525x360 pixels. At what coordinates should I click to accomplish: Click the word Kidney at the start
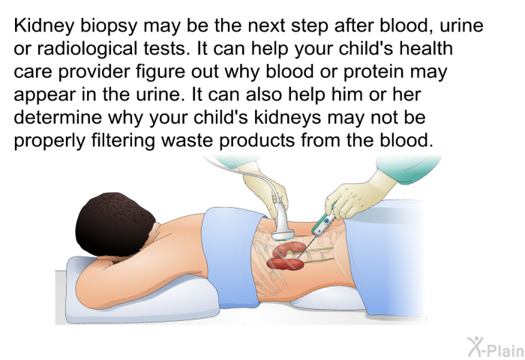(43, 26)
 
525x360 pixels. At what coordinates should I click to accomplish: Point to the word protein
(373, 72)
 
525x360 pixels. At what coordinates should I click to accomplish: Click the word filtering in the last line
(123, 140)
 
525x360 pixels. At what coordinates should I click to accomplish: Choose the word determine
(58, 117)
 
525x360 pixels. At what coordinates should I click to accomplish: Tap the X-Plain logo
(496, 347)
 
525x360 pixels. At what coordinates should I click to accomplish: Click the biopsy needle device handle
(324, 223)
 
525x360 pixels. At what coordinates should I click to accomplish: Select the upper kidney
(290, 250)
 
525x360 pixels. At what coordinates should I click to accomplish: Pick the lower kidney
(285, 263)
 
